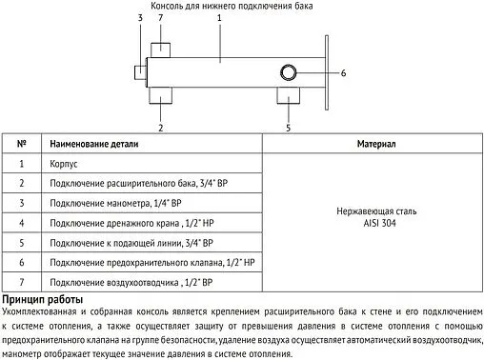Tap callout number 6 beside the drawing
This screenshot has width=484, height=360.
[x=344, y=72]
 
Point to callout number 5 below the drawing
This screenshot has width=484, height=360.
[x=289, y=126]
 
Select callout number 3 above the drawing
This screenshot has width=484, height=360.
[x=140, y=18]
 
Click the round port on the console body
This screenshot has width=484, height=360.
[x=288, y=72]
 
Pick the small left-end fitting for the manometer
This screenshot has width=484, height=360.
[x=140, y=70]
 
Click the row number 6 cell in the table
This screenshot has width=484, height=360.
[x=22, y=263]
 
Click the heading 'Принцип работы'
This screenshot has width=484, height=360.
[x=43, y=300]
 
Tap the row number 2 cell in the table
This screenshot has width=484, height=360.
[x=22, y=183]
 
